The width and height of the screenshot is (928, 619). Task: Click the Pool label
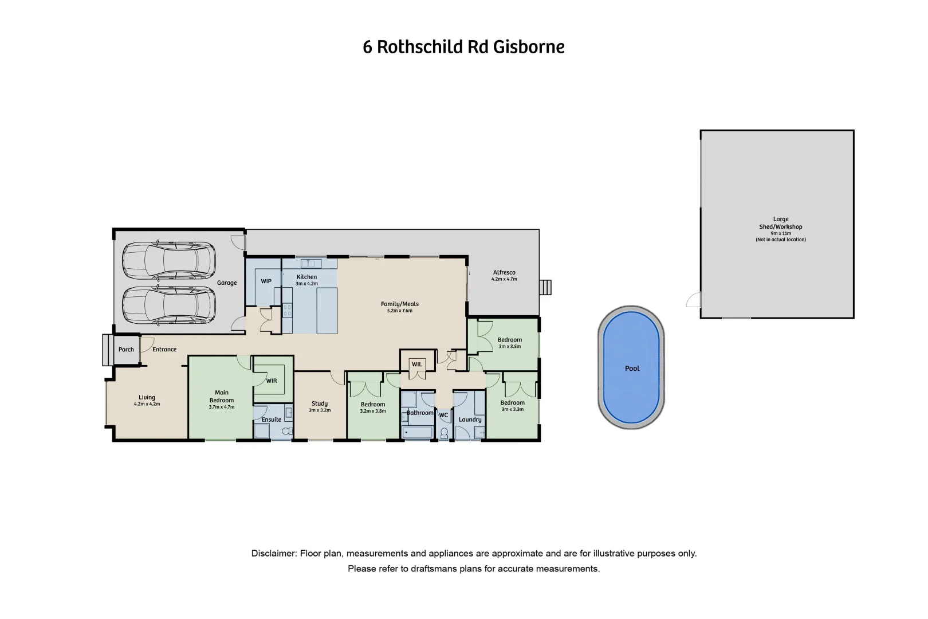pyautogui.click(x=632, y=369)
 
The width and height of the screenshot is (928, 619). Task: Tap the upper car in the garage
pyautogui.click(x=168, y=261)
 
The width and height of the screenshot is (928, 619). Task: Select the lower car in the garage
pyautogui.click(x=168, y=305)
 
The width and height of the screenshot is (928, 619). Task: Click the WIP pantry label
pyautogui.click(x=266, y=281)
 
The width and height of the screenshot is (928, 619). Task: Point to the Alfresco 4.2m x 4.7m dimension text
pyautogui.click(x=504, y=279)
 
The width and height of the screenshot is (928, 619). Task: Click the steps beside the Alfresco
pyautogui.click(x=546, y=287)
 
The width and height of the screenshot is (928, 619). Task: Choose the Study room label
pyautogui.click(x=320, y=403)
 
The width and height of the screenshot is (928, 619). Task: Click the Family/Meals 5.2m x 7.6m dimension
pyautogui.click(x=400, y=311)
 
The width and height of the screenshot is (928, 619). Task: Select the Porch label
pyautogui.click(x=126, y=350)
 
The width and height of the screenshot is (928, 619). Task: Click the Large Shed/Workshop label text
pyautogui.click(x=781, y=223)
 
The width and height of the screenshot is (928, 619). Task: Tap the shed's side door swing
pyautogui.click(x=694, y=300)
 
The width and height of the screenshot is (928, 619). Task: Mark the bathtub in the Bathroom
pyautogui.click(x=417, y=433)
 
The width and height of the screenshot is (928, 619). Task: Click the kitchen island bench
pyautogui.click(x=327, y=310)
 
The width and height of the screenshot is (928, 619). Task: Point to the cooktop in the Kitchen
pyautogui.click(x=288, y=310)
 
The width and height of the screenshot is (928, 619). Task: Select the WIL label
pyautogui.click(x=417, y=365)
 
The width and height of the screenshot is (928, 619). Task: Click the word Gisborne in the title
pyautogui.click(x=529, y=47)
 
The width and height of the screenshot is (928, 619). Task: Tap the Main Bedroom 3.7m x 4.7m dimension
pyautogui.click(x=221, y=407)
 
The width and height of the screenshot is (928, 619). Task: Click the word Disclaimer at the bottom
pyautogui.click(x=274, y=554)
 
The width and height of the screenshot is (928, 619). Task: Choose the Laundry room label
pyautogui.click(x=470, y=420)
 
